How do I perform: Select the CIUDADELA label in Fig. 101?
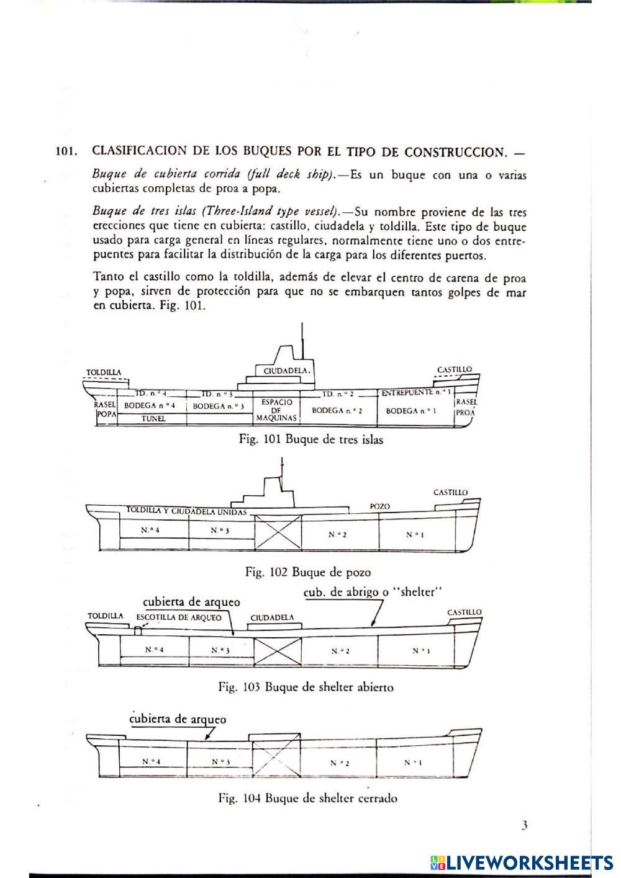pos(286,370)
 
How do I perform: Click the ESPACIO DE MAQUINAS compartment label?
pos(277,410)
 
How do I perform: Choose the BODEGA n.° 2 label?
pos(337,410)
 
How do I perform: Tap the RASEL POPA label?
pos(106,408)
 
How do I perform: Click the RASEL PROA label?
pos(466,407)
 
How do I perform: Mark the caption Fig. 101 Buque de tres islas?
pos(311,439)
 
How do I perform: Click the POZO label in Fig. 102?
pos(379,506)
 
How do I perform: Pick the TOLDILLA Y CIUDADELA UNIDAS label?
pos(186,511)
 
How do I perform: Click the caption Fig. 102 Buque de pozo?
pos(308,571)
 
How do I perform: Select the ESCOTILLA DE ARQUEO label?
pos(178,617)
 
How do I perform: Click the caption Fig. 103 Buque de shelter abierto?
pos(306,687)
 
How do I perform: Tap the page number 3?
pos(525,825)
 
